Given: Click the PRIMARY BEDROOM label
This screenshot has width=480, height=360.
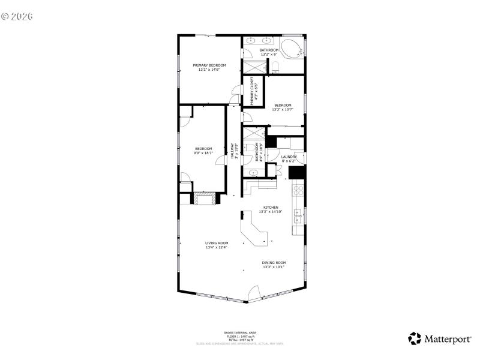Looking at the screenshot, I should [x=209, y=65].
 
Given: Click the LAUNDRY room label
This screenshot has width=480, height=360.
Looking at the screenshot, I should [x=289, y=157].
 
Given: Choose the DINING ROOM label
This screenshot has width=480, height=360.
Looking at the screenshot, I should [x=274, y=262].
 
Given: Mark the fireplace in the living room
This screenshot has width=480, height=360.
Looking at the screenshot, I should [x=204, y=199].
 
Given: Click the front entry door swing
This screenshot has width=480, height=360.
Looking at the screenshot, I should [x=254, y=294].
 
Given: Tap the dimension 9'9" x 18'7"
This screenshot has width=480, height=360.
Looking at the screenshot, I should [x=203, y=153].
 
